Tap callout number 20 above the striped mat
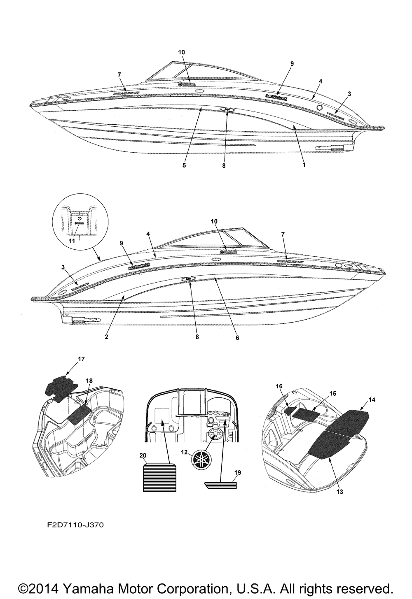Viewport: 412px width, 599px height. click(143, 455)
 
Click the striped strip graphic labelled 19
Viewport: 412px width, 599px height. click(221, 485)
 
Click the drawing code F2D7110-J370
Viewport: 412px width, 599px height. click(69, 536)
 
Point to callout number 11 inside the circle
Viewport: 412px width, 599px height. click(72, 241)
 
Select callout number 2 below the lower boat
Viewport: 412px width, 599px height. click(106, 337)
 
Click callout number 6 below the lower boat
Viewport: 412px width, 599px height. click(237, 337)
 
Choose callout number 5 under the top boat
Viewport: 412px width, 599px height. click(184, 165)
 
